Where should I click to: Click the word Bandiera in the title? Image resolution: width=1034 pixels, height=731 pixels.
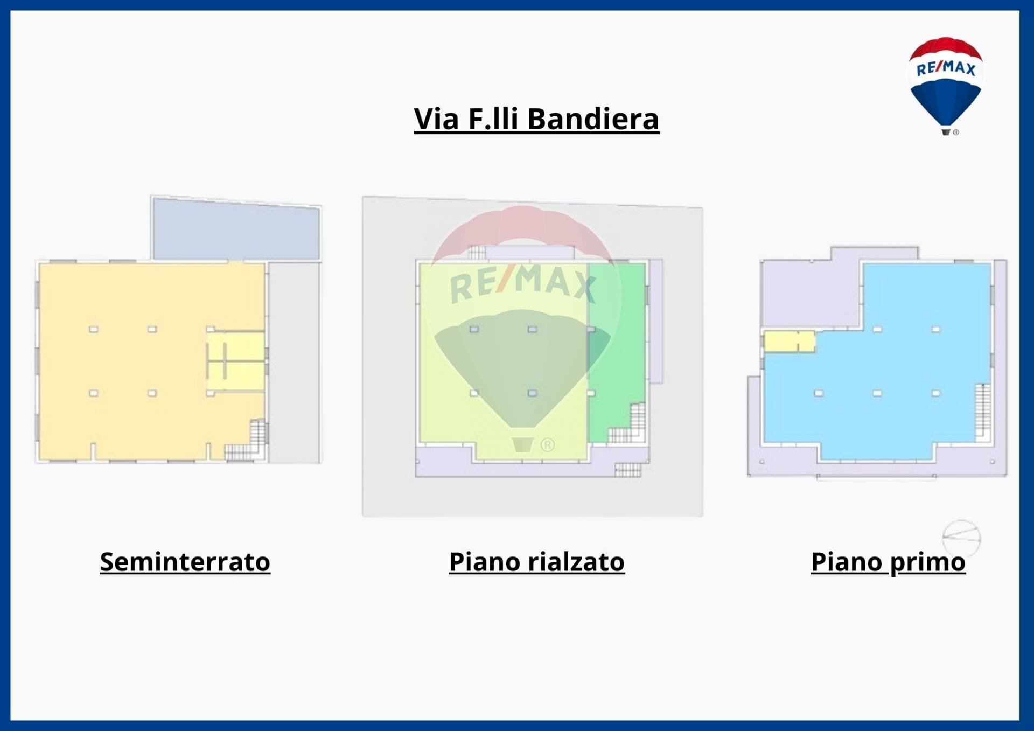pyautogui.click(x=593, y=119)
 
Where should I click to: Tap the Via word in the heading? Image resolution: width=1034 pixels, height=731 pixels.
pyautogui.click(x=436, y=119)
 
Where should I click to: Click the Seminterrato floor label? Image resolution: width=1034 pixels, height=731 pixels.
pyautogui.click(x=185, y=562)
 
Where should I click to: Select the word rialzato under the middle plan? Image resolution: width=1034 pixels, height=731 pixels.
pyautogui.click(x=576, y=562)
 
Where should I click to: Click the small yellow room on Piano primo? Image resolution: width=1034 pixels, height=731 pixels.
pyautogui.click(x=789, y=342)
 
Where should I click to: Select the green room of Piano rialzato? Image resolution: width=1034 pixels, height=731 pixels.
pyautogui.click(x=617, y=345)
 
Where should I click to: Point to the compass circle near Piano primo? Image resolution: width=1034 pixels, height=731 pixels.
pyautogui.click(x=961, y=538)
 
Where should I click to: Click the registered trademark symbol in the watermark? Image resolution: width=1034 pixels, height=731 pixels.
pyautogui.click(x=547, y=445)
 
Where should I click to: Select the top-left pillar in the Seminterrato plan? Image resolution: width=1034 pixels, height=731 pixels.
pyautogui.click(x=94, y=329)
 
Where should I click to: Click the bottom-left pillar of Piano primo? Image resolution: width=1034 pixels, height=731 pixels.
pyautogui.click(x=819, y=393)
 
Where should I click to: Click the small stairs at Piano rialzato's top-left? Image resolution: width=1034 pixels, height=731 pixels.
pyautogui.click(x=477, y=252)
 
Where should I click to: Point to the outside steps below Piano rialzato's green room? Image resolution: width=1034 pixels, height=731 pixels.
pyautogui.click(x=628, y=470)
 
